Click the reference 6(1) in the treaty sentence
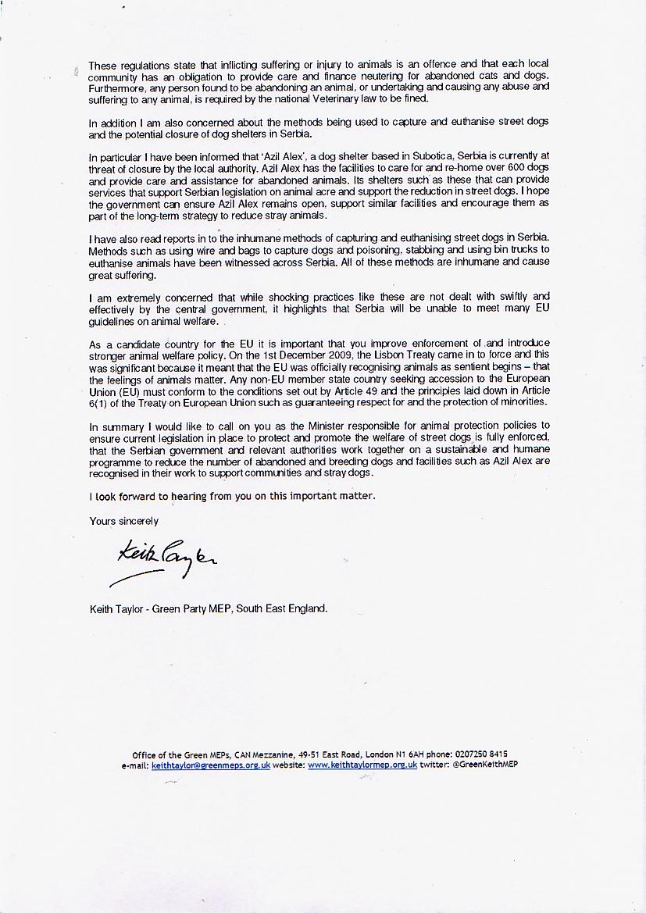(102, 401)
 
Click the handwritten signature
(164, 561)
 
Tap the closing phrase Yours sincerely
(123, 521)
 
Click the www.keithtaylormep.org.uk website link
(362, 765)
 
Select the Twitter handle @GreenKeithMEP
(487, 765)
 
